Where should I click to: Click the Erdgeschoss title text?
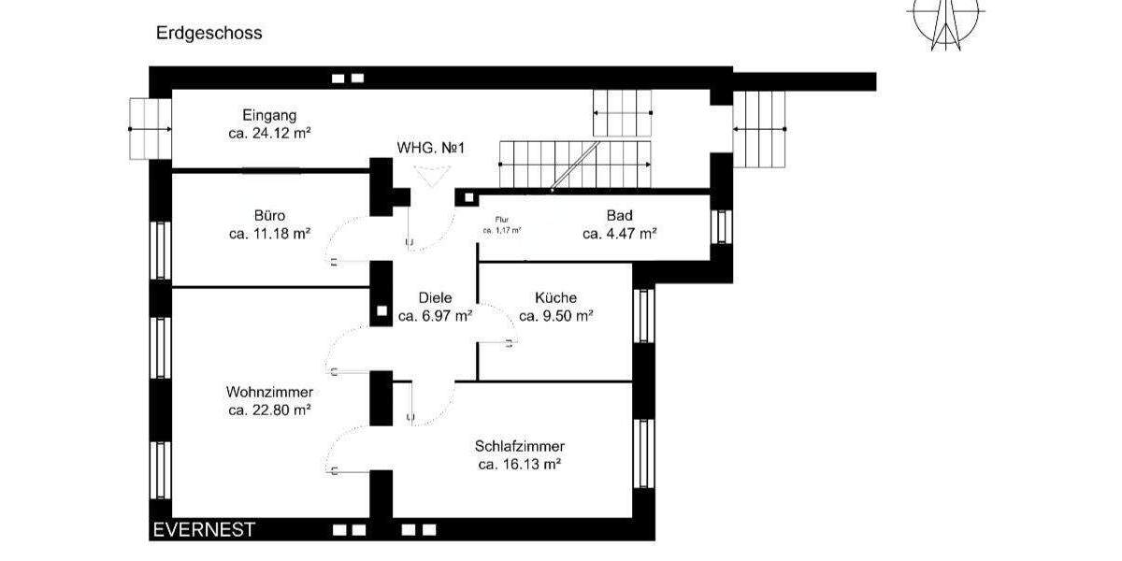coord(209,33)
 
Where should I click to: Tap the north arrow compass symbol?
coord(946,21)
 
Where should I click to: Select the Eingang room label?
coord(269,116)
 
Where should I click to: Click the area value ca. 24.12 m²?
coord(269,134)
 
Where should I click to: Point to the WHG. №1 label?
coord(431,148)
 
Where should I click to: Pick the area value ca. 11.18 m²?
coord(269,234)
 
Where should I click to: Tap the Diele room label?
coord(435,297)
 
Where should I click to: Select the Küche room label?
coord(555,297)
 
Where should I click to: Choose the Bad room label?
coord(619,215)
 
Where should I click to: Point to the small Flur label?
coord(501,220)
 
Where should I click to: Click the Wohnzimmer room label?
coord(269,391)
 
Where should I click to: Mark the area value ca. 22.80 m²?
coord(269,410)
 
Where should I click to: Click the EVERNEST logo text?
coord(203,530)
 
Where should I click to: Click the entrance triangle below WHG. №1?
coord(431,175)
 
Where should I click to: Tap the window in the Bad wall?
coord(721,227)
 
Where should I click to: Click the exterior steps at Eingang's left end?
coord(149,129)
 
